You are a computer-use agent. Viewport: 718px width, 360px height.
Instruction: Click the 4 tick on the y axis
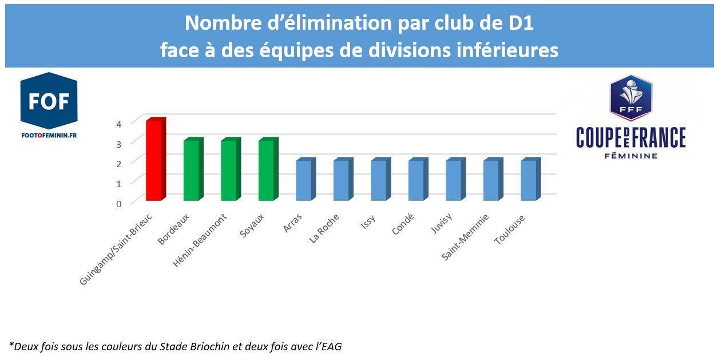118,124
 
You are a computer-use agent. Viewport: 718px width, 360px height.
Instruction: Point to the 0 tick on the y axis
118,203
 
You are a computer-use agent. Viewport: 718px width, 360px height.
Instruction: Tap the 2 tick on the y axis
118,164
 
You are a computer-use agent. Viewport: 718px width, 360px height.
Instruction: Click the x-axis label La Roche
325,228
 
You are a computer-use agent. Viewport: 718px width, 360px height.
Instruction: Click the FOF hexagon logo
49,101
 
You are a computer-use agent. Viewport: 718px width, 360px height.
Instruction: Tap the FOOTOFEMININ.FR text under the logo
49,136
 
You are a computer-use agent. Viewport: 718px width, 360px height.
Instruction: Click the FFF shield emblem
630,97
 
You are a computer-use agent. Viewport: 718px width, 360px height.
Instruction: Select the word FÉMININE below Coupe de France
630,155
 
